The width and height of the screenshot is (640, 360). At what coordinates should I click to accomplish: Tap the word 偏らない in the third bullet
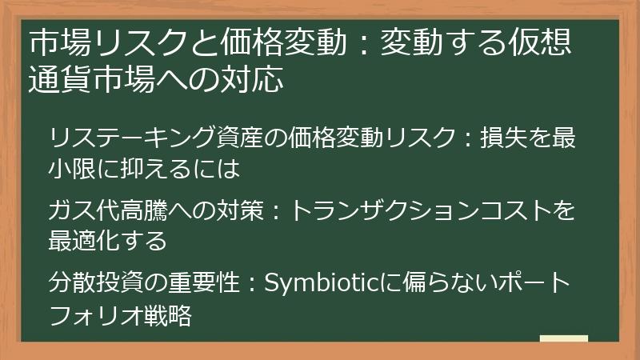pos(436,282)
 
